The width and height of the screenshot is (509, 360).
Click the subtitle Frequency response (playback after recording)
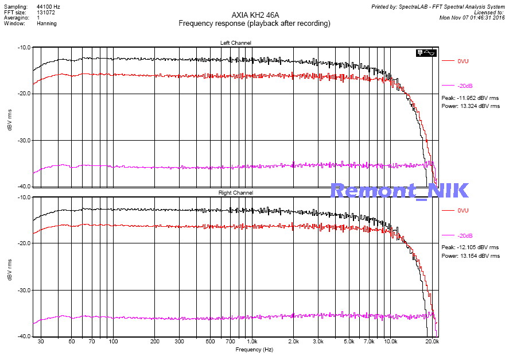(x=254, y=24)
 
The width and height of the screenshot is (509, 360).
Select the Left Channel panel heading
(x=235, y=43)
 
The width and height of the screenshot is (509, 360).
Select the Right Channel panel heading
(x=235, y=193)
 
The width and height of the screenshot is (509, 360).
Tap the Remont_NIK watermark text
(x=399, y=190)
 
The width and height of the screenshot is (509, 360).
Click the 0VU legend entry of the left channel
(x=463, y=61)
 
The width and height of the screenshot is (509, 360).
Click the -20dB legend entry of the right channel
(x=465, y=236)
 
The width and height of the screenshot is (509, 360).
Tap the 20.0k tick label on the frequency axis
(x=432, y=341)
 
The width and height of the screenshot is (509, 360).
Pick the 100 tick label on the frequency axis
(x=114, y=341)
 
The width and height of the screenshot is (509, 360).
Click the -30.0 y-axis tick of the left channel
(x=24, y=140)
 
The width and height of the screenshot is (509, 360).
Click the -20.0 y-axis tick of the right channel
(x=24, y=243)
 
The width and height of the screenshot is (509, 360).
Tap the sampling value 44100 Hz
(x=49, y=6)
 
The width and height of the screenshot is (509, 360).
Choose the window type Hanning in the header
(x=47, y=24)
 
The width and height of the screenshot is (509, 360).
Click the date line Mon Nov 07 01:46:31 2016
(x=472, y=18)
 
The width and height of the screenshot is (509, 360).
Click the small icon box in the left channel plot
(x=428, y=53)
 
